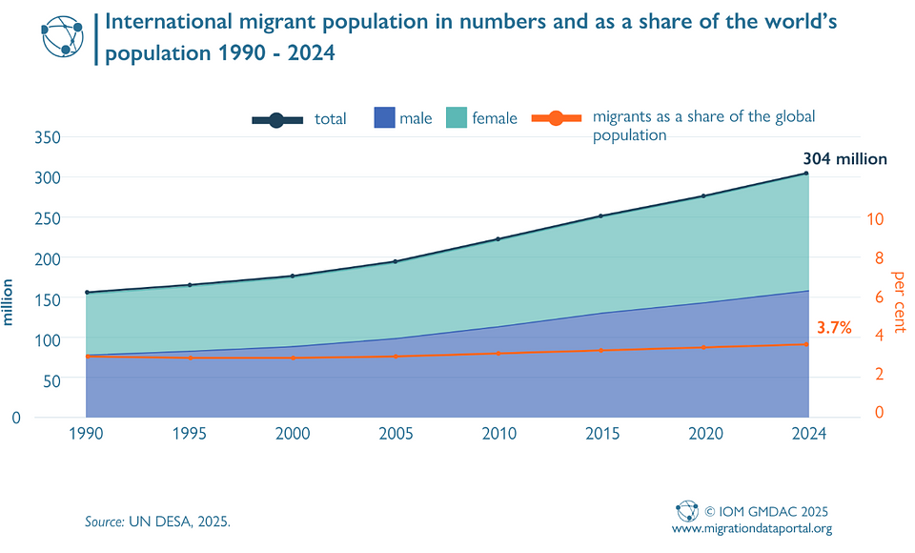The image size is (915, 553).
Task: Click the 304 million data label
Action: pyautogui.click(x=844, y=159)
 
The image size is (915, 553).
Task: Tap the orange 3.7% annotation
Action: pyautogui.click(x=833, y=328)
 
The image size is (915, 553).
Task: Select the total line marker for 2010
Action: pyautogui.click(x=498, y=239)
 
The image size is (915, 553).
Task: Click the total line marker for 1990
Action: pyautogui.click(x=86, y=293)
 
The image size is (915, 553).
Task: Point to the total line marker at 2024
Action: pyautogui.click(x=806, y=174)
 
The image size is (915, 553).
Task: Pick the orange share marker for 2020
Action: pyautogui.click(x=703, y=347)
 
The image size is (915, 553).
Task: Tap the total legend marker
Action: pyautogui.click(x=277, y=119)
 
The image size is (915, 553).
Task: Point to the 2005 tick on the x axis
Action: pyautogui.click(x=395, y=433)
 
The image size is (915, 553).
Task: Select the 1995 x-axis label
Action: pyautogui.click(x=189, y=433)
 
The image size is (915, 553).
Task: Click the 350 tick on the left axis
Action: pyautogui.click(x=48, y=137)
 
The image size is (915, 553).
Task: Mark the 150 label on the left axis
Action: pyautogui.click(x=48, y=299)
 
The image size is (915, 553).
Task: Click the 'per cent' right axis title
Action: pyautogui.click(x=898, y=301)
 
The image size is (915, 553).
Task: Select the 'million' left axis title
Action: pyautogui.click(x=9, y=302)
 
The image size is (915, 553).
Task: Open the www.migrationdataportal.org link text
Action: pyautogui.click(x=752, y=528)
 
